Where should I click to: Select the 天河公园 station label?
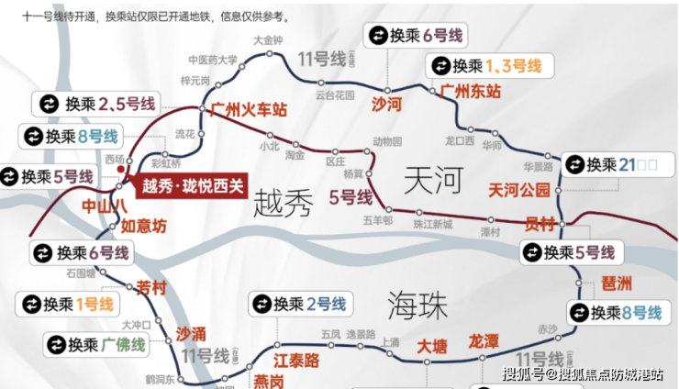click(x=519, y=191)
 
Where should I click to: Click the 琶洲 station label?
click(x=617, y=283)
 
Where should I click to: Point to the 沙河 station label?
click(x=386, y=105)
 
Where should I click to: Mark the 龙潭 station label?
click(x=484, y=341)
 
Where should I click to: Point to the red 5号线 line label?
click(x=350, y=197)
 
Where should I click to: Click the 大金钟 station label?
click(x=268, y=40)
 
